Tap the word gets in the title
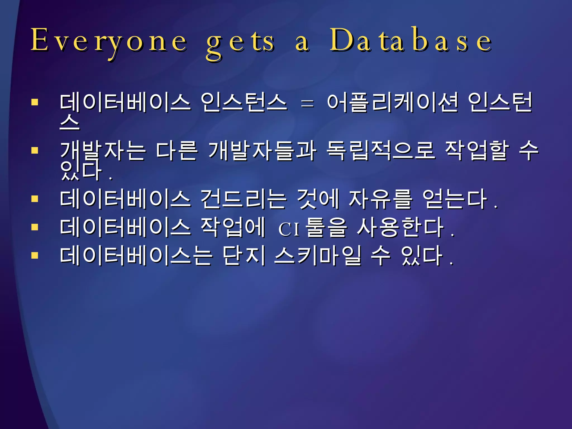coord(240,42)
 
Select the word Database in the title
coord(411,40)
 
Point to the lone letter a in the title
coord(302,43)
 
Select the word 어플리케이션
coord(392,103)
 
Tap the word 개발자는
coord(103,151)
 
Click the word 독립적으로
coord(380,151)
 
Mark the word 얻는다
coord(455,199)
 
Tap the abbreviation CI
coord(289,230)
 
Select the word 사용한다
coord(401,227)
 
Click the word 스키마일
coord(318,256)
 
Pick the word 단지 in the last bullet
coord(244,256)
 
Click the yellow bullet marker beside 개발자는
coord(35,151)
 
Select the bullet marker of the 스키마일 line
coord(35,255)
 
